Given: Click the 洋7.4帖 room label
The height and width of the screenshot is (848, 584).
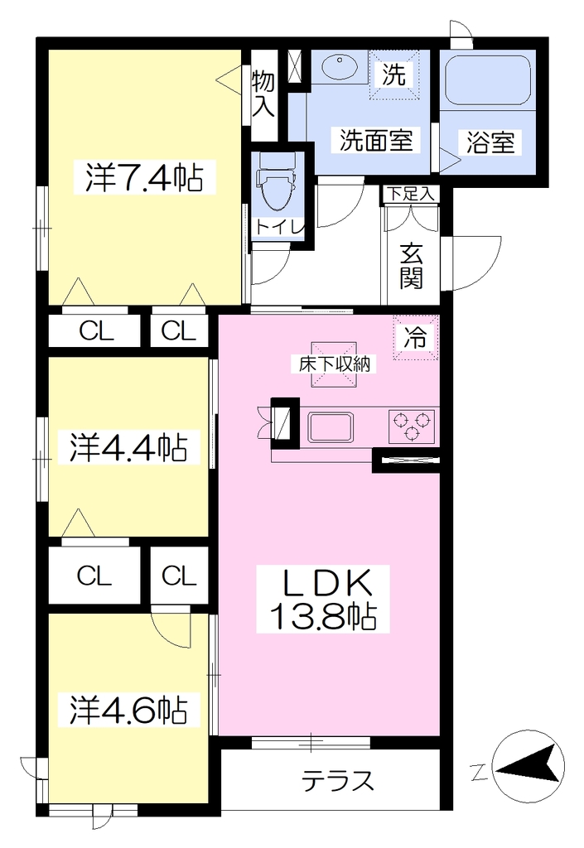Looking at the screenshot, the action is [x=144, y=177].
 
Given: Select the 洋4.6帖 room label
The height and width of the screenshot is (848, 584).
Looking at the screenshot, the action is [x=128, y=711].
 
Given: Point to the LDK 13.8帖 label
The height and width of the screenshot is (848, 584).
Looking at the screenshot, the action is [x=323, y=600].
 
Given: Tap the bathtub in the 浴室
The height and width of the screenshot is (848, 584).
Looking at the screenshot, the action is [x=488, y=80].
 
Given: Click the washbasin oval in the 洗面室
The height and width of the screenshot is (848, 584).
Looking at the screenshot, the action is [x=339, y=68].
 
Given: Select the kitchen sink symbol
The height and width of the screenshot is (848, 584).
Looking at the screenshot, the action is [x=331, y=427].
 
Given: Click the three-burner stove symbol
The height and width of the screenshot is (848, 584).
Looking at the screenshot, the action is [x=411, y=426].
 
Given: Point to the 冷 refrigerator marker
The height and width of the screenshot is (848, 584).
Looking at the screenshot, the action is [x=415, y=338].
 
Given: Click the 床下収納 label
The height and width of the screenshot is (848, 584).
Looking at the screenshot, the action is [x=334, y=364].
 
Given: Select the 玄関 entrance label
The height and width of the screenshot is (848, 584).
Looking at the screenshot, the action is [x=411, y=267].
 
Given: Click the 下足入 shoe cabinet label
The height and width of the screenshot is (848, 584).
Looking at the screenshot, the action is [x=412, y=194].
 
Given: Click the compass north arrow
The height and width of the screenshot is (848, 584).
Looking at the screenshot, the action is [x=528, y=764].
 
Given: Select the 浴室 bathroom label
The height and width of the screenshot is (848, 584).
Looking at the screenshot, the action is [x=490, y=142].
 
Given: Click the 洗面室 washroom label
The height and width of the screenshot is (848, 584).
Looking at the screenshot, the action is [x=376, y=141].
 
